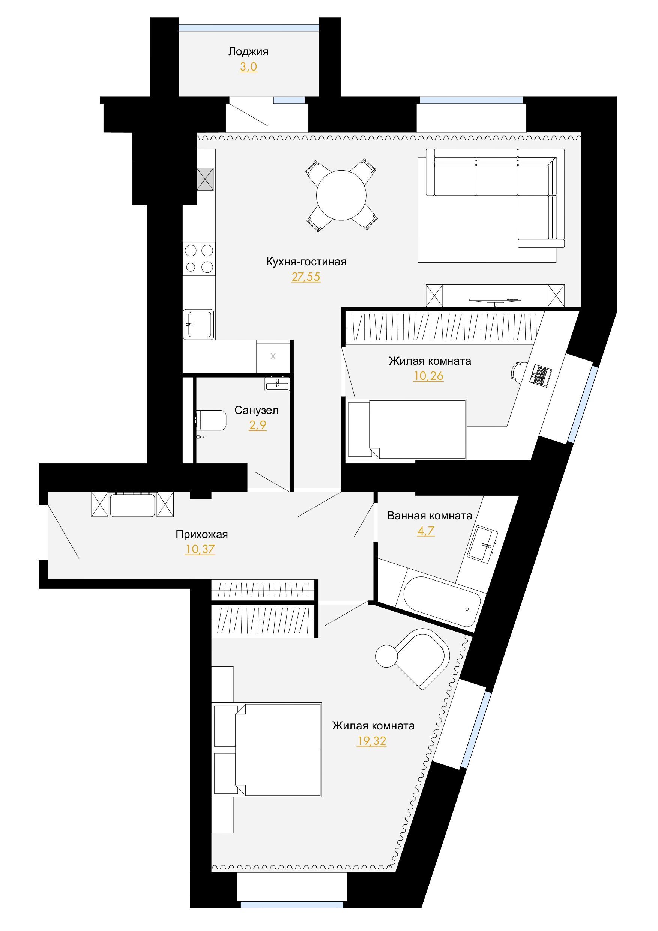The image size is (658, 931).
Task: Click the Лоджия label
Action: click(248, 52)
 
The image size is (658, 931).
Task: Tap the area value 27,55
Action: click(306, 277)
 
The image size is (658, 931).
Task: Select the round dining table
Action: click(341, 196)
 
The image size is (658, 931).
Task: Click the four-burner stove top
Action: click(199, 259)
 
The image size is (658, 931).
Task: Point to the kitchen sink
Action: click(198, 324)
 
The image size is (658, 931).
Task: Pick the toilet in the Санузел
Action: click(211, 420)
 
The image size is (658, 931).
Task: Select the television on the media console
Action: click(494, 301)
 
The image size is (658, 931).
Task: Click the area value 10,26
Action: click(428, 376)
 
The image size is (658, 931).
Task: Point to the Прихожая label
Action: click(201, 534)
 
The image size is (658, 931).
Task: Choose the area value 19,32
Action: click(371, 741)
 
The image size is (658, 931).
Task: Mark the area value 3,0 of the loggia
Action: click(248, 67)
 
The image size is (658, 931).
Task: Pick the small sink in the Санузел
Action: click(277, 384)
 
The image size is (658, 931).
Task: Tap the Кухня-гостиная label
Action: click(306, 262)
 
